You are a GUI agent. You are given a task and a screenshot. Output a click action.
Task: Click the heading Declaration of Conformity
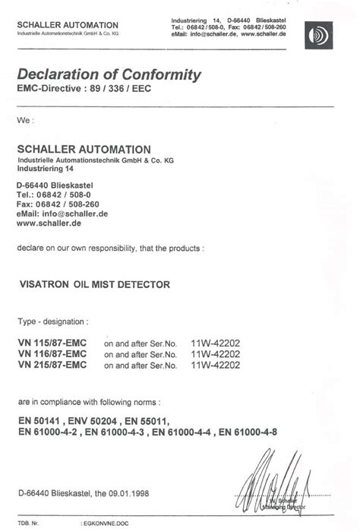click(109, 75)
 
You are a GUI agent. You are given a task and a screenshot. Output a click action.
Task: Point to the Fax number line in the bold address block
click(57, 204)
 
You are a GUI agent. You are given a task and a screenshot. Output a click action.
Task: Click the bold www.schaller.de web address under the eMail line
click(49, 223)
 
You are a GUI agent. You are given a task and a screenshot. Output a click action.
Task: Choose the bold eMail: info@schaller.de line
click(62, 214)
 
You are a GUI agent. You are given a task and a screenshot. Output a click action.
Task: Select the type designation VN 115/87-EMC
click(52, 343)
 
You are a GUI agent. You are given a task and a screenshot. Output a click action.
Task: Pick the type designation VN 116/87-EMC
click(52, 354)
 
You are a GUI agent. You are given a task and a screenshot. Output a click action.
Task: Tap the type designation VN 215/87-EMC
click(52, 366)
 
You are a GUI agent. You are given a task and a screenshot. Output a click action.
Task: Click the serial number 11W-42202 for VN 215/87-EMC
click(216, 366)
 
